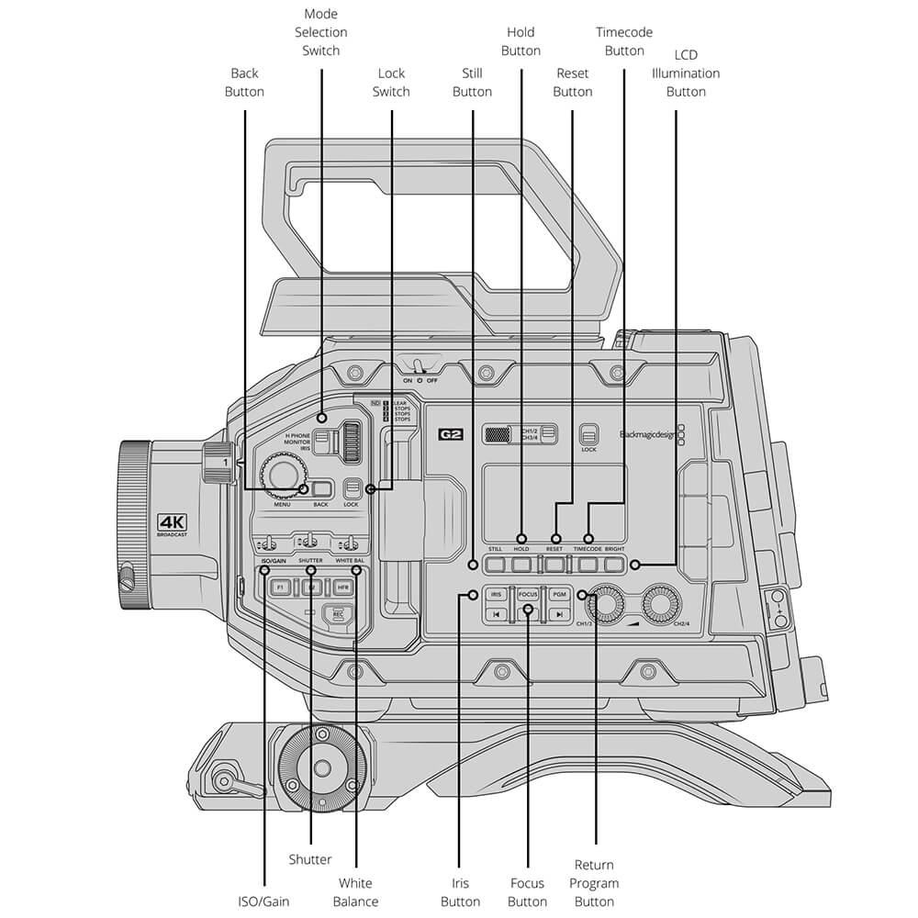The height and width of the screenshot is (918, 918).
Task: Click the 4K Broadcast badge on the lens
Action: [x=173, y=523]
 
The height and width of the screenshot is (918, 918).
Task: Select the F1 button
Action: [x=280, y=587]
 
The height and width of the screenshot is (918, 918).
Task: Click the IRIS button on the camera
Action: [x=496, y=595]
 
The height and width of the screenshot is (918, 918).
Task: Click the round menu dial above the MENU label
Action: [x=282, y=475]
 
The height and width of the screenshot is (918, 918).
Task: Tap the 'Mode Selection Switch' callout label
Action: [x=321, y=32]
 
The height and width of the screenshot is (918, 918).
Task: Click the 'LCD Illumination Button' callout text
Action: [x=686, y=73]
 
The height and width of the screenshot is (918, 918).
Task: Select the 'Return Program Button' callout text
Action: [x=594, y=883]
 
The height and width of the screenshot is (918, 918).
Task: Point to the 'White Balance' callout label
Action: [x=355, y=892]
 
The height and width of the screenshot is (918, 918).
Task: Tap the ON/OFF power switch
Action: [x=418, y=367]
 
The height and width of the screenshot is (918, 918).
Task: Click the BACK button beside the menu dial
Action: [x=321, y=489]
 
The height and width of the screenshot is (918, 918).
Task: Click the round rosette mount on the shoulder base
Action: [x=322, y=767]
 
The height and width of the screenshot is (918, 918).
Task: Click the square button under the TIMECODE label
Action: [x=588, y=565]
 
